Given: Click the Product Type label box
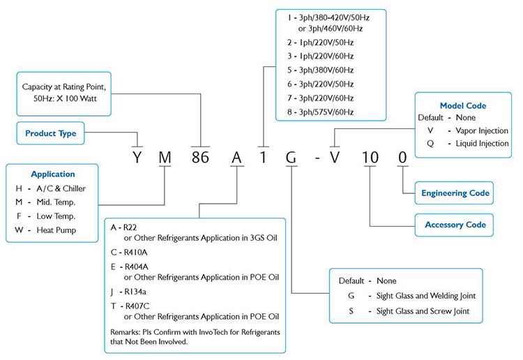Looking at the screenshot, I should pos(50,133).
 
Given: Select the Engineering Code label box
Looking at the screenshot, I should pos(455,193).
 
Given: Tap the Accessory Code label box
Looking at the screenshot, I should pos(455,225).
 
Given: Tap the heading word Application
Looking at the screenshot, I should pos(53,174).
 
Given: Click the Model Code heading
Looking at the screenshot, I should pos(463,106).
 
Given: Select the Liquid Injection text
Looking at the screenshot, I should pos(483,144).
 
